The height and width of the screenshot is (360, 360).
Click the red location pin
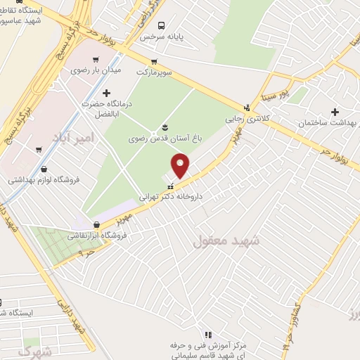click(x=181, y=165)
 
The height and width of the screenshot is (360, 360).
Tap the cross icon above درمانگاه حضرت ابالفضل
click(x=106, y=93)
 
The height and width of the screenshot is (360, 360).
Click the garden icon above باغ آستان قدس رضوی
click(x=165, y=127)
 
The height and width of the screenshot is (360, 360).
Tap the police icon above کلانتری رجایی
click(x=246, y=108)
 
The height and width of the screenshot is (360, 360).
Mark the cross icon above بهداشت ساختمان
click(x=335, y=112)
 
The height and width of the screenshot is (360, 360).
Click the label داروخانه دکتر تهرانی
click(x=170, y=198)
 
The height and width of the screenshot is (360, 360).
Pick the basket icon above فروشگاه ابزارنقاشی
click(x=96, y=225)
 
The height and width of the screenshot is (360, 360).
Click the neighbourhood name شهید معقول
click(x=226, y=240)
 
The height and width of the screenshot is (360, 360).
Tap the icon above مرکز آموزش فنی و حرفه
click(x=209, y=334)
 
